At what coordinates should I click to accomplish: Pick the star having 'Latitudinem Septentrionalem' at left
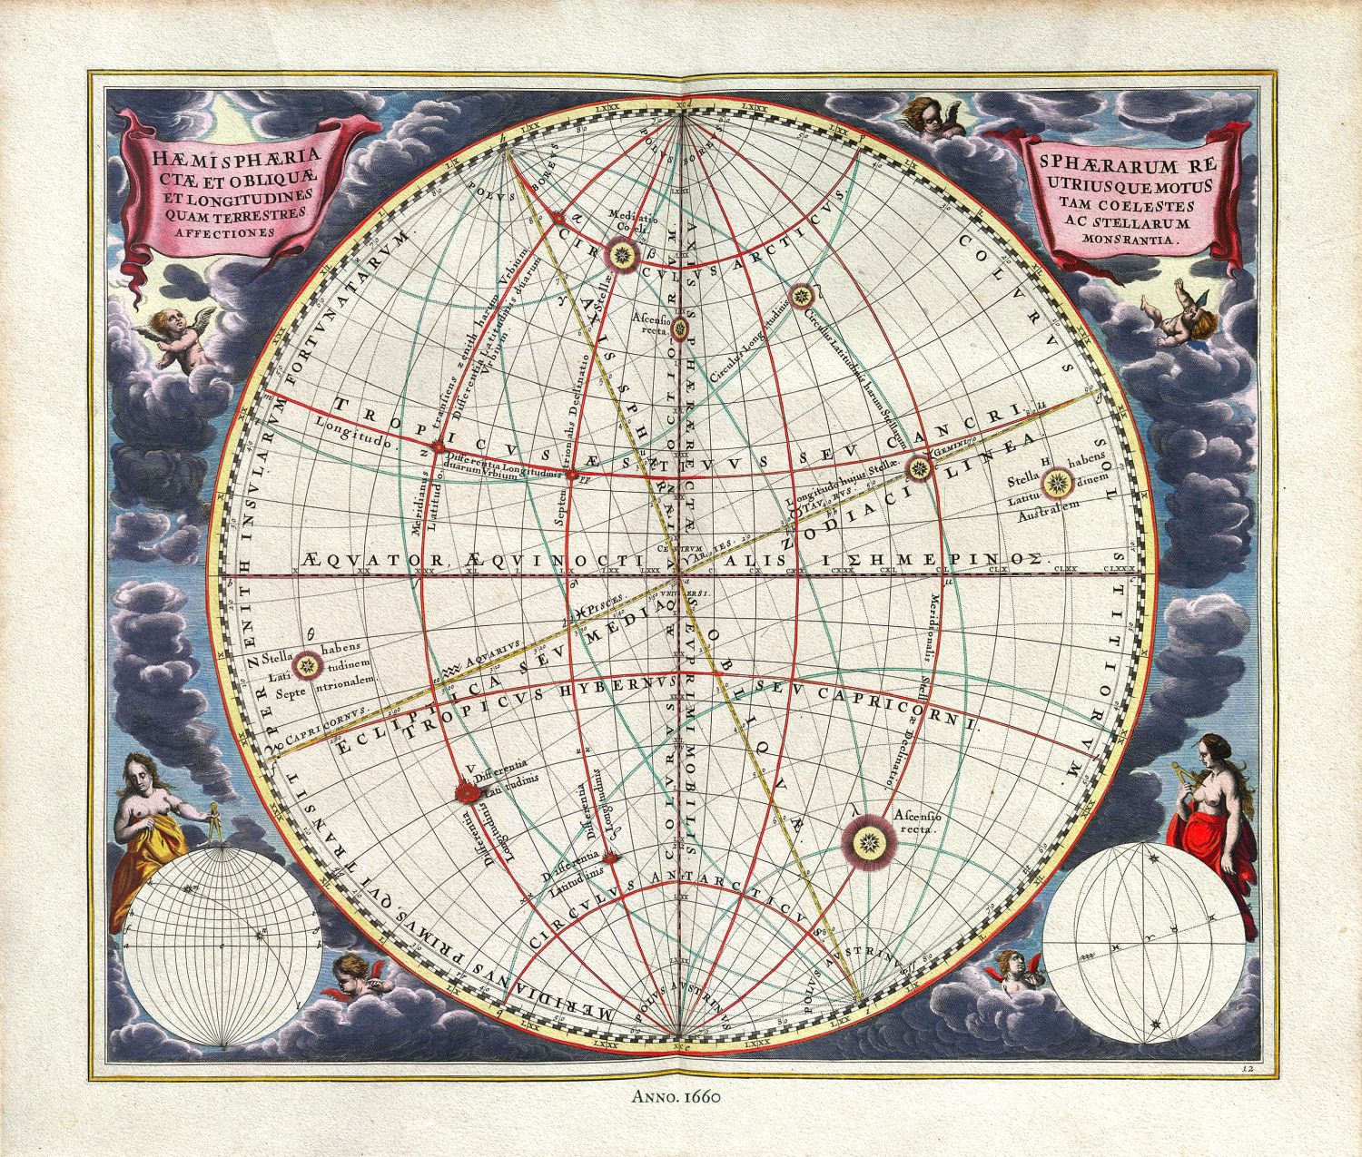click(309, 666)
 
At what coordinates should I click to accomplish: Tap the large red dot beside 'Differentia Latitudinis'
click(466, 792)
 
